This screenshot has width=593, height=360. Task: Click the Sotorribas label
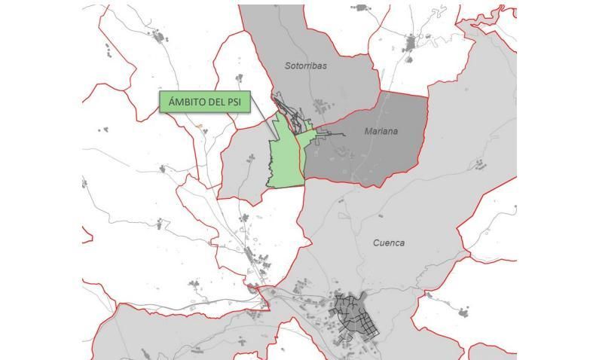306,66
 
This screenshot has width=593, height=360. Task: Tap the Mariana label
381,132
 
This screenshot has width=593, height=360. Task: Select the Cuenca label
389,243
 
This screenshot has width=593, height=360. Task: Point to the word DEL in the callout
216,102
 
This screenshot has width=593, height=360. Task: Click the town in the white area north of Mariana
411,42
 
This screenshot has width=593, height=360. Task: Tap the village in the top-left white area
159,35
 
